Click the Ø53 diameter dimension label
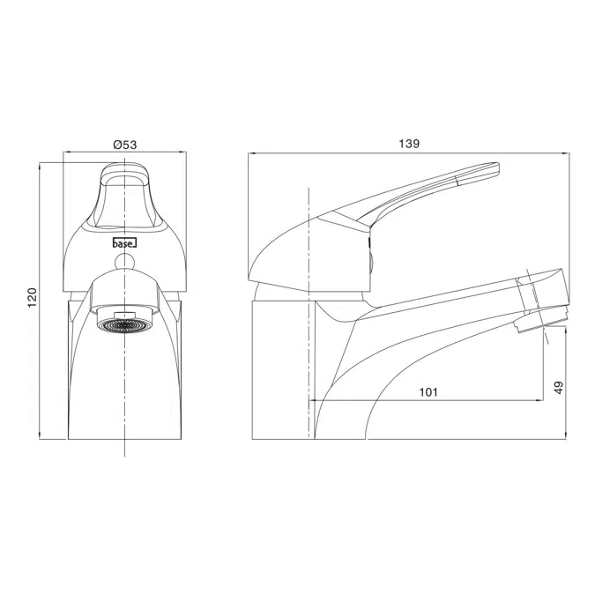click(x=125, y=143)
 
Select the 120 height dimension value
click(x=33, y=300)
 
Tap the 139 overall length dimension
click(x=408, y=143)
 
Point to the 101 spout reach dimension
click(x=427, y=391)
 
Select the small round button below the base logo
click(x=125, y=261)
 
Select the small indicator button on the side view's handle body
click(x=371, y=259)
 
